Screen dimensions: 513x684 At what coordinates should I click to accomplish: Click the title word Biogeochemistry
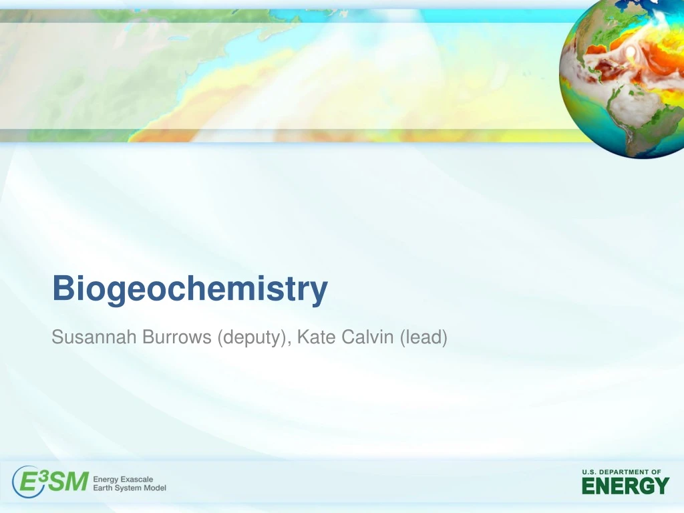click(190, 290)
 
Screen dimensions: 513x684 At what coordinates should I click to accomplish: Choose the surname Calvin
click(368, 338)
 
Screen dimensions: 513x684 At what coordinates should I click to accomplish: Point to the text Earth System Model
click(130, 488)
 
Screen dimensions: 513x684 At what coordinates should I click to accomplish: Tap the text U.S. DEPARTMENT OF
click(621, 472)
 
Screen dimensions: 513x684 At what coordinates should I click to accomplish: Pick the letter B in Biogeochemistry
click(63, 289)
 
